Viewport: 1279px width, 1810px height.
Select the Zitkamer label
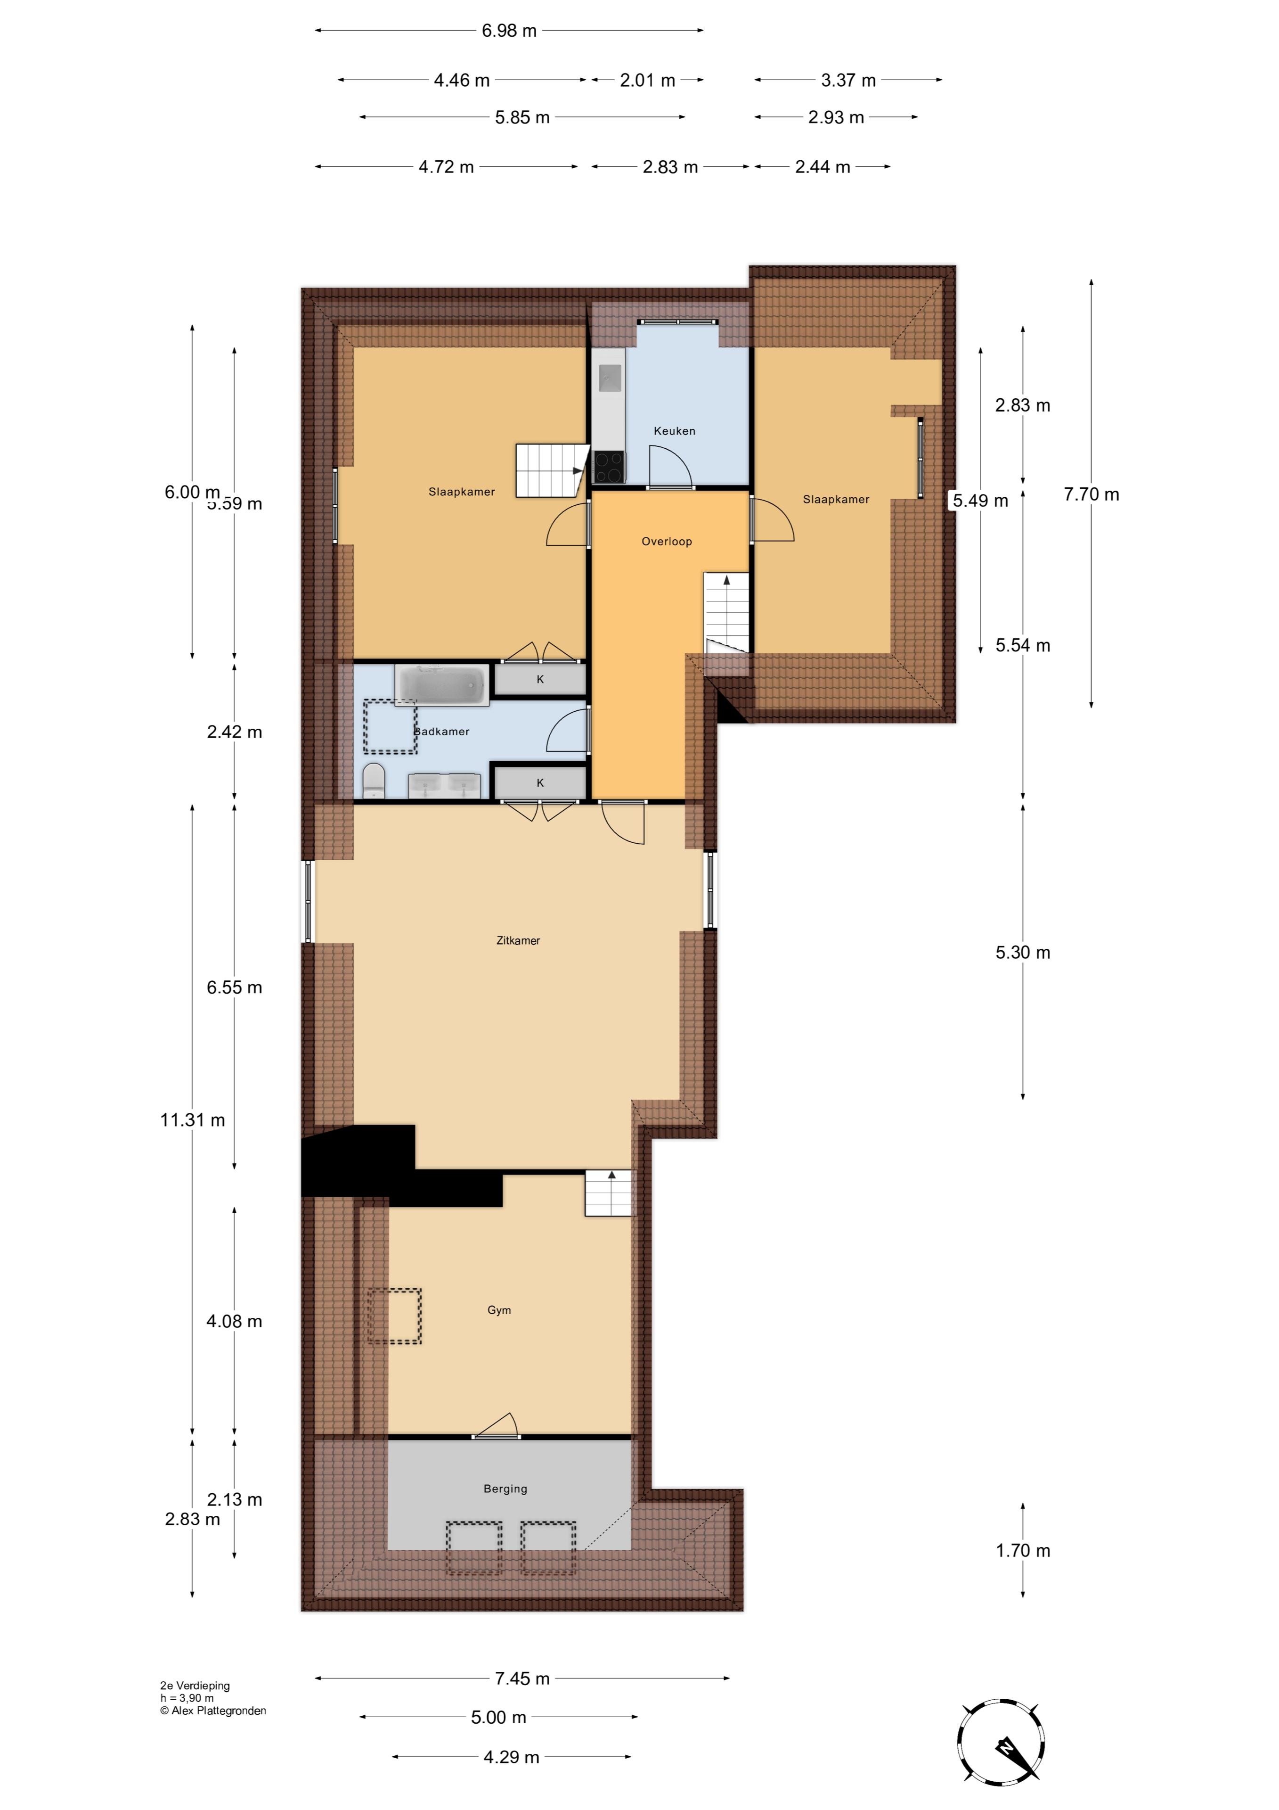(518, 940)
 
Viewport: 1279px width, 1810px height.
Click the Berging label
(505, 1489)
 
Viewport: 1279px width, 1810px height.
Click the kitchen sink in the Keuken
(608, 378)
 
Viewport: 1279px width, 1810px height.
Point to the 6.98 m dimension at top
(509, 31)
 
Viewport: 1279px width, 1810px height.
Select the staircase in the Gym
(608, 1193)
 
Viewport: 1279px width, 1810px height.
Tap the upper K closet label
(540, 679)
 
